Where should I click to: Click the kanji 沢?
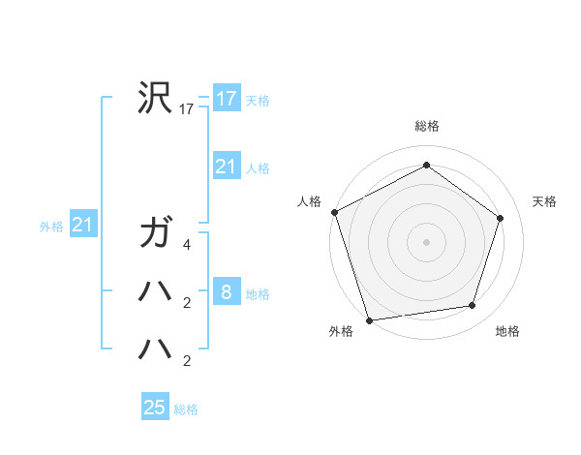(x=155, y=98)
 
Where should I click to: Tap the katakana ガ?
(x=155, y=233)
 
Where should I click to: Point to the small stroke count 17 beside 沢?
(x=187, y=109)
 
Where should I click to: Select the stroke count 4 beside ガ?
(x=187, y=245)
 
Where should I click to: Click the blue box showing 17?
(x=227, y=98)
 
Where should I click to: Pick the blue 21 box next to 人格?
(x=227, y=167)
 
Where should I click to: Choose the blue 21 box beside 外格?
(x=82, y=226)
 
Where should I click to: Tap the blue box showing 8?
(x=227, y=292)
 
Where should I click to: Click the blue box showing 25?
(x=155, y=407)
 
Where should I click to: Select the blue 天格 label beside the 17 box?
(x=257, y=100)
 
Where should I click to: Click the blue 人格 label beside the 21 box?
(x=258, y=168)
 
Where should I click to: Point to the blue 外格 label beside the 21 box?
(x=51, y=227)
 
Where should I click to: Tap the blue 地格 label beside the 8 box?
(x=258, y=293)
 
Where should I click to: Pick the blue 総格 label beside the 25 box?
(x=186, y=409)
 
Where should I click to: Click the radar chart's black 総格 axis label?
(x=427, y=126)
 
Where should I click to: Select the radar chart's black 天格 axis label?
(x=544, y=201)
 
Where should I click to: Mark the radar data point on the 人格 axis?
(x=335, y=212)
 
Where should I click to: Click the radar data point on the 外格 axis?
(x=370, y=319)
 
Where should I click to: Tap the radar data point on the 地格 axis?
(x=473, y=306)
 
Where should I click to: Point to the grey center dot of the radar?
(x=427, y=242)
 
